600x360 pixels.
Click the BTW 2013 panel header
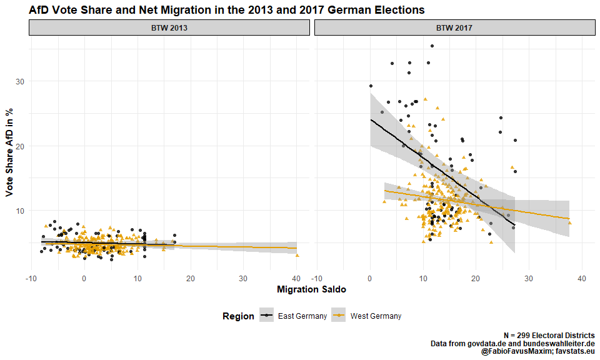(x=169, y=28)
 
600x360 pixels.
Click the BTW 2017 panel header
(x=454, y=28)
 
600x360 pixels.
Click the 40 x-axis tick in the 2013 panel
(x=297, y=279)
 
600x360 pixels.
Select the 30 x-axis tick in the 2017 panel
(x=529, y=279)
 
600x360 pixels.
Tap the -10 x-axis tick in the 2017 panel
(x=317, y=279)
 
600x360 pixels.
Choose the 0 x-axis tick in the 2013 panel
(x=84, y=279)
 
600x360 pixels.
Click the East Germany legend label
(x=302, y=316)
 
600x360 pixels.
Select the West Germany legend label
(x=376, y=316)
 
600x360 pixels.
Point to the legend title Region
(x=238, y=316)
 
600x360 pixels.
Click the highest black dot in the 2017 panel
(x=432, y=46)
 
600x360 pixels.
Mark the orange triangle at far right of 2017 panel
(x=570, y=223)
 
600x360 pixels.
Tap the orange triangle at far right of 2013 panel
(x=297, y=255)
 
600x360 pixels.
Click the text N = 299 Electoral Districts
(x=549, y=336)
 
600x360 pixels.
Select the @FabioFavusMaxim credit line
(x=537, y=352)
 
